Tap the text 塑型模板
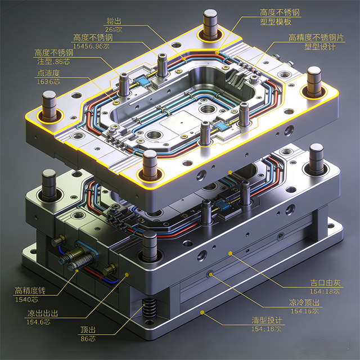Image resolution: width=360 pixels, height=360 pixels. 276,22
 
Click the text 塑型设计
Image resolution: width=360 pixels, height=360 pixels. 319,47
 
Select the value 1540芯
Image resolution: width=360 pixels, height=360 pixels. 28,299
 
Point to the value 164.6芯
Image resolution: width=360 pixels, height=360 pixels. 42,322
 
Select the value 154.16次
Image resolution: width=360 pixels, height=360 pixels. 304,310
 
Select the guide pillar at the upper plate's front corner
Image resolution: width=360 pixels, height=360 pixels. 150,165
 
